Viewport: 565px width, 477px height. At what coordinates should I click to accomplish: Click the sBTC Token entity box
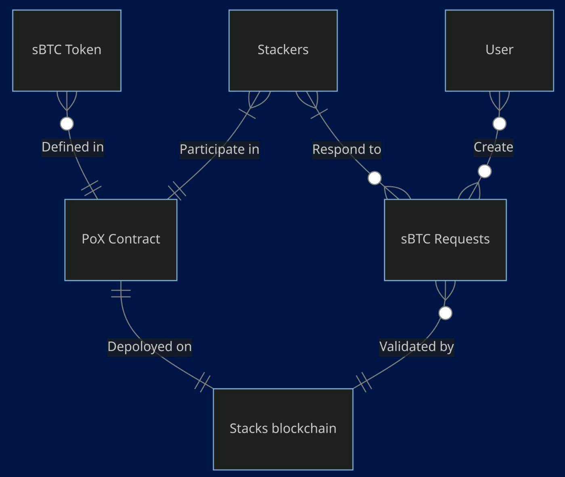tap(67, 50)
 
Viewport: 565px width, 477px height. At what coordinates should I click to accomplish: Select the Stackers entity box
tap(283, 50)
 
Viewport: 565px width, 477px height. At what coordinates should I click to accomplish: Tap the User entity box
tap(499, 50)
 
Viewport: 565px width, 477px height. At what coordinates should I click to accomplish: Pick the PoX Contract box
tap(121, 240)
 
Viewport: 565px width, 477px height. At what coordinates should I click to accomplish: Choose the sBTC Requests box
tap(445, 240)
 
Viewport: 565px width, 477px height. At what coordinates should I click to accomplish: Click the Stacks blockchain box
tap(283, 429)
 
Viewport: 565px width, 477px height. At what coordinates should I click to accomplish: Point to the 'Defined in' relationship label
tap(73, 147)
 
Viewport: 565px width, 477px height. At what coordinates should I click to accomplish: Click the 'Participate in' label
tap(219, 149)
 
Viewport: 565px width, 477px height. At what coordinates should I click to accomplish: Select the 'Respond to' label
tap(347, 149)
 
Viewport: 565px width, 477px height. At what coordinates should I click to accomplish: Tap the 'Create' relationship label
tap(493, 147)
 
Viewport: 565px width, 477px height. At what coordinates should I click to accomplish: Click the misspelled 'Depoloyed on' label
tap(149, 347)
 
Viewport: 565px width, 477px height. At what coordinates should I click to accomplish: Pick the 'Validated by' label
tap(416, 347)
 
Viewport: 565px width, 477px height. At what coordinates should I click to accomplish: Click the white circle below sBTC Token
tap(67, 124)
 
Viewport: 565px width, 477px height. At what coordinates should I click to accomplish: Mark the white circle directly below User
tap(499, 124)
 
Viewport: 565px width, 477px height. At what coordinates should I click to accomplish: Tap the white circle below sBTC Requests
tap(445, 313)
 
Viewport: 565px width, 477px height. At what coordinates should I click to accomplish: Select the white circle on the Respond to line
tap(375, 178)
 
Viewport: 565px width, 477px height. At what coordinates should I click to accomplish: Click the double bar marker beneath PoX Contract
tap(121, 293)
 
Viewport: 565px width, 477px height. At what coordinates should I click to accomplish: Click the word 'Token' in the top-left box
tap(83, 50)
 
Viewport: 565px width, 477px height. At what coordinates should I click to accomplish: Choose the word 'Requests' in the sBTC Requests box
tap(462, 239)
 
